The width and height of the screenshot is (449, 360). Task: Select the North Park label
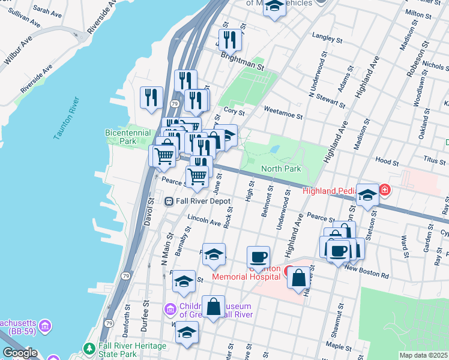(x=281, y=169)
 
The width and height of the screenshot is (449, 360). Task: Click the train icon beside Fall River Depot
(x=169, y=202)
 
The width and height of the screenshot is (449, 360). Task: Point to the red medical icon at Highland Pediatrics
(x=384, y=191)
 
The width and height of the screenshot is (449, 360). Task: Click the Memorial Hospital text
(x=246, y=277)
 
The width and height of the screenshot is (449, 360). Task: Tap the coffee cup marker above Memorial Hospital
(x=258, y=257)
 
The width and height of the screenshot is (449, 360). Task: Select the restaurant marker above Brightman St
(x=229, y=40)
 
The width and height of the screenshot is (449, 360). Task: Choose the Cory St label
(x=234, y=112)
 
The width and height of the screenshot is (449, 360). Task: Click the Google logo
(x=19, y=353)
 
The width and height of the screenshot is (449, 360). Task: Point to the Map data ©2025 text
(x=423, y=355)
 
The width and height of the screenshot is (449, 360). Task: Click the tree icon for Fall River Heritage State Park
(x=89, y=348)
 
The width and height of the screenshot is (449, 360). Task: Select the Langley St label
(x=328, y=40)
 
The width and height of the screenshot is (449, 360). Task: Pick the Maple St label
(x=338, y=346)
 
